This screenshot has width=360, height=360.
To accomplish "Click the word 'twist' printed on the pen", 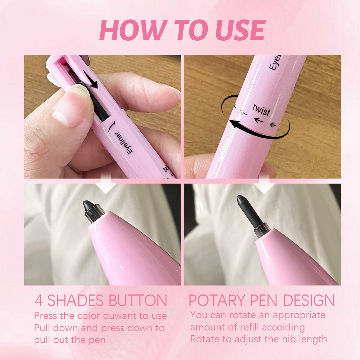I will pos(261,110).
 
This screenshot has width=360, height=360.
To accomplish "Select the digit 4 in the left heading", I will pos(39,300).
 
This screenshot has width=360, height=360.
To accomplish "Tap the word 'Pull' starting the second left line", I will pos(42,328).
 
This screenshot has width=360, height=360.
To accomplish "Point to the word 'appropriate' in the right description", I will pos(299,315).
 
